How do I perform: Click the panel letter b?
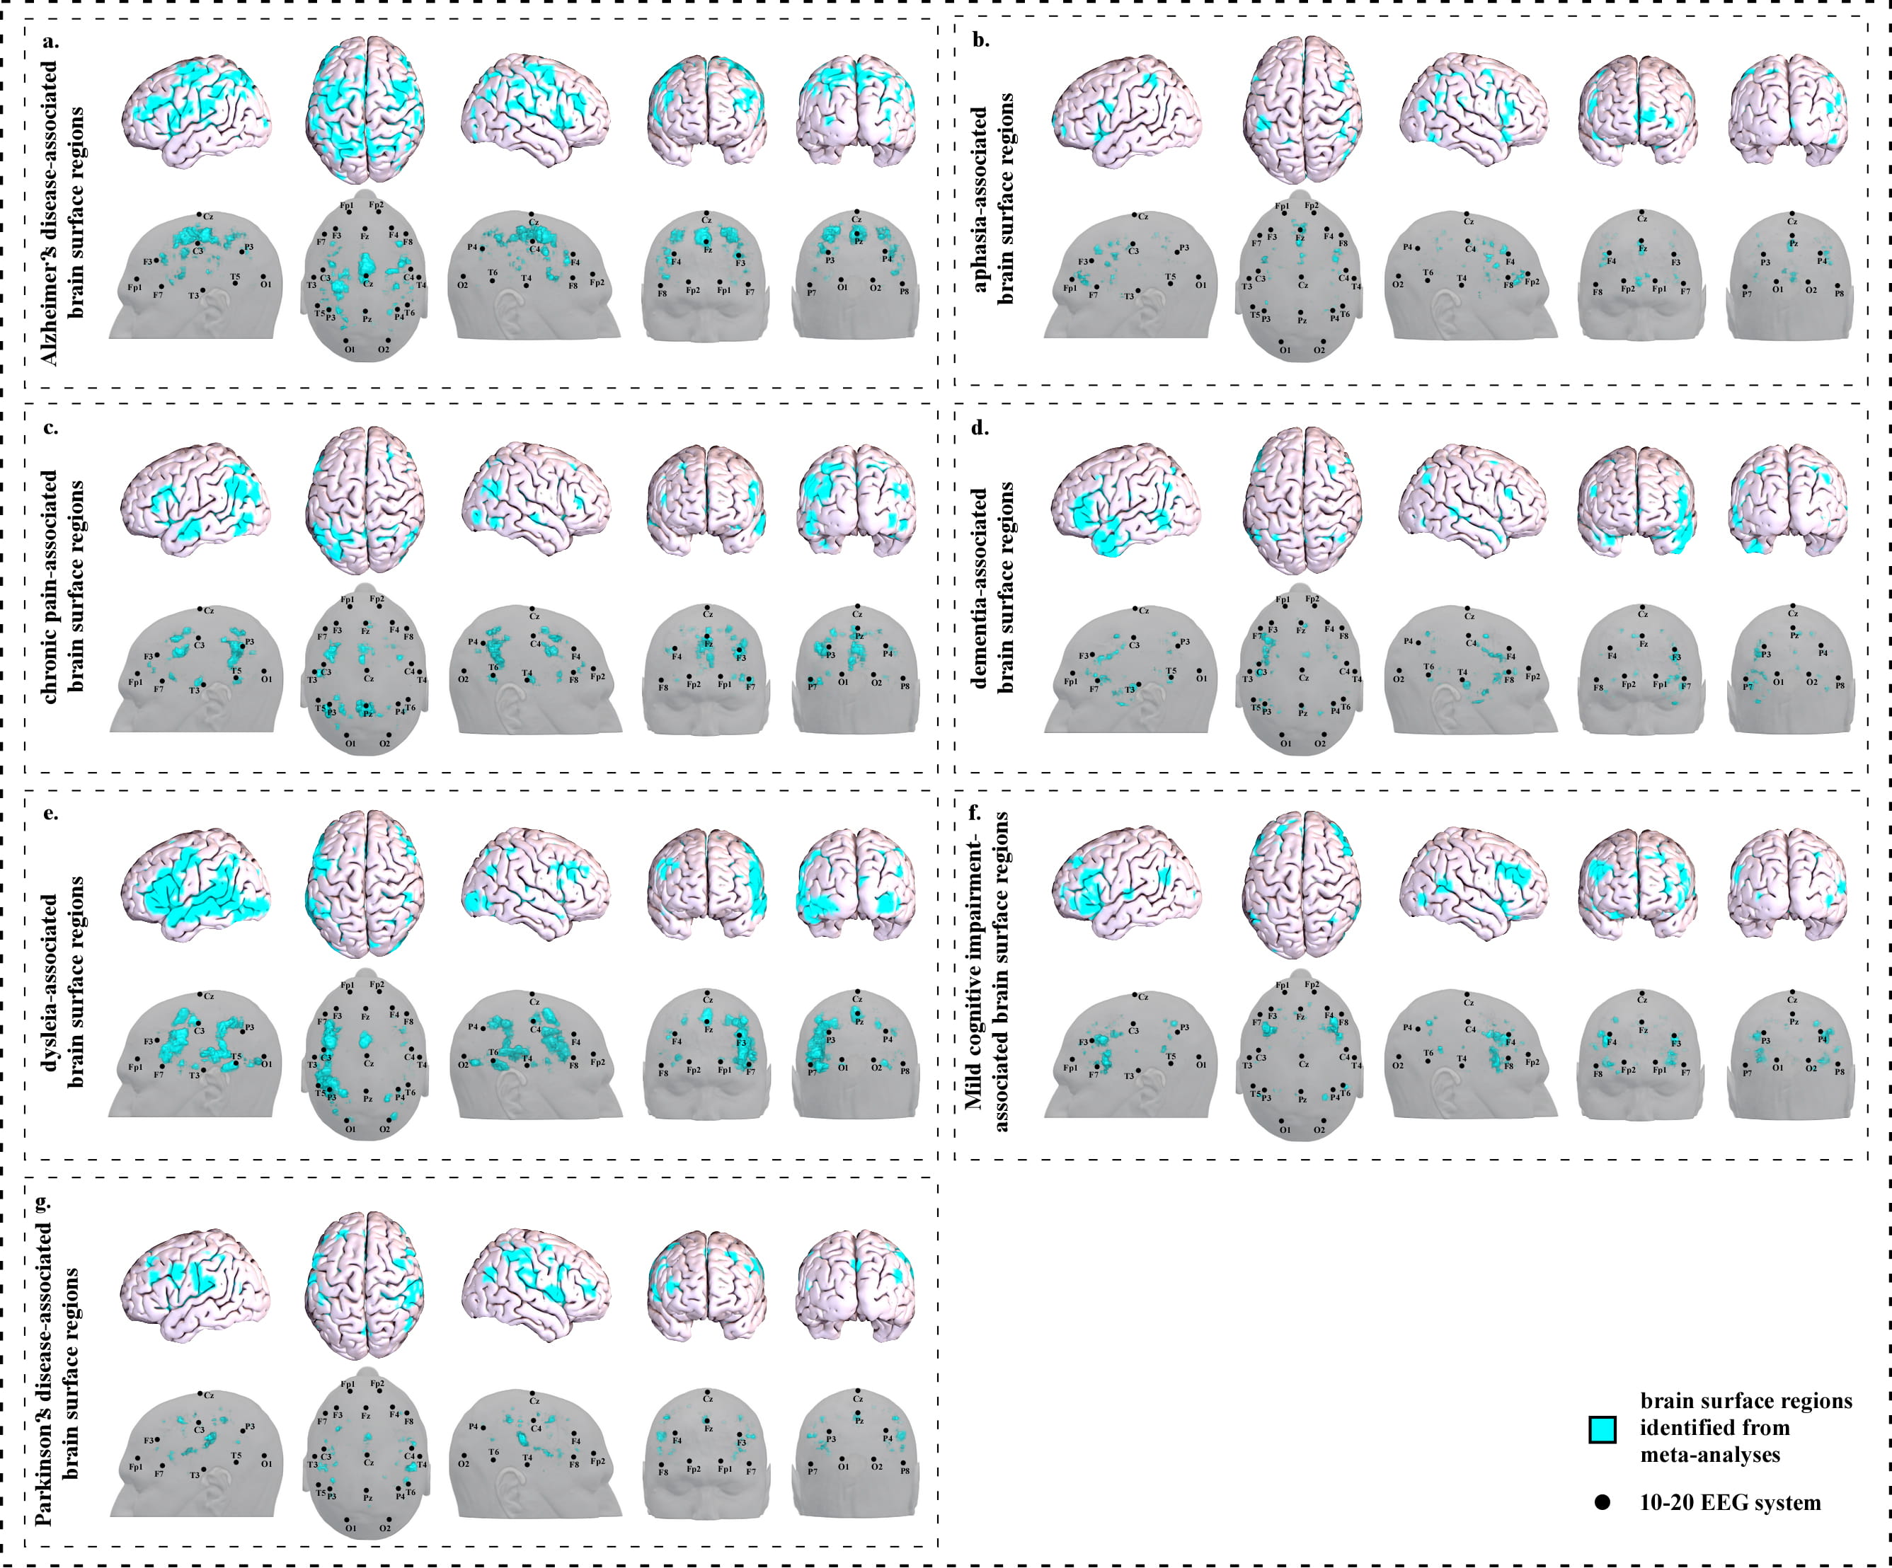[x=981, y=40]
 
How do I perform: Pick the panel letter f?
[x=974, y=813]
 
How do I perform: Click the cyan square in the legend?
[x=1602, y=1429]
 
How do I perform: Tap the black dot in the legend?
[x=1602, y=1502]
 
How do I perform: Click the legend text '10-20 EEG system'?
[x=1730, y=1502]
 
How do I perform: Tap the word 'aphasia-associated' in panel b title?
[x=980, y=199]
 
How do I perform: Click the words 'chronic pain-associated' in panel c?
[x=49, y=585]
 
